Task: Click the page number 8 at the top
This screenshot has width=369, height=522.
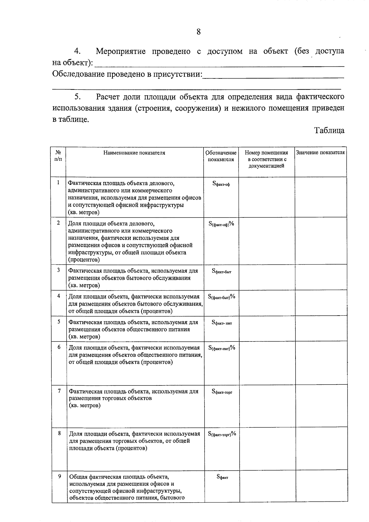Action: (198, 32)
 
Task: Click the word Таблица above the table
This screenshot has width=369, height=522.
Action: (329, 130)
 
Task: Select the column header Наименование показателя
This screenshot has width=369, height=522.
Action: (134, 153)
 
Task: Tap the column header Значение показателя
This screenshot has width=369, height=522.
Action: (320, 153)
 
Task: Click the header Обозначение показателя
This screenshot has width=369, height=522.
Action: (221, 156)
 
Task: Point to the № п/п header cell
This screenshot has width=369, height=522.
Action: (58, 156)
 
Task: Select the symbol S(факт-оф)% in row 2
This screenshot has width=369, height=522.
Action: (221, 224)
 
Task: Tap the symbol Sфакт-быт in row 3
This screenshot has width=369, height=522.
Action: (221, 271)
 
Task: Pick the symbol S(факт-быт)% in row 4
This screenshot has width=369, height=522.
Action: (221, 297)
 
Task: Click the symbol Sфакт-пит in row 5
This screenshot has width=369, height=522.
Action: (221, 322)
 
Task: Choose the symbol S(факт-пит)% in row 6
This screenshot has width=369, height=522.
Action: (221, 348)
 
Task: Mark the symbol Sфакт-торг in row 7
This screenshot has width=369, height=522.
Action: (222, 392)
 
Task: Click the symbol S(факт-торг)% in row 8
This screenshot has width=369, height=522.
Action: (222, 434)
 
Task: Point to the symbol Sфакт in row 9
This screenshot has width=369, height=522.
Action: (222, 477)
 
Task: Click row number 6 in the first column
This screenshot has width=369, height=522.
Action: (59, 347)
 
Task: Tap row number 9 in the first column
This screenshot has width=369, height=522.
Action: (60, 476)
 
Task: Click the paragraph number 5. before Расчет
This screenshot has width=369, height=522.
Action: (77, 97)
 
